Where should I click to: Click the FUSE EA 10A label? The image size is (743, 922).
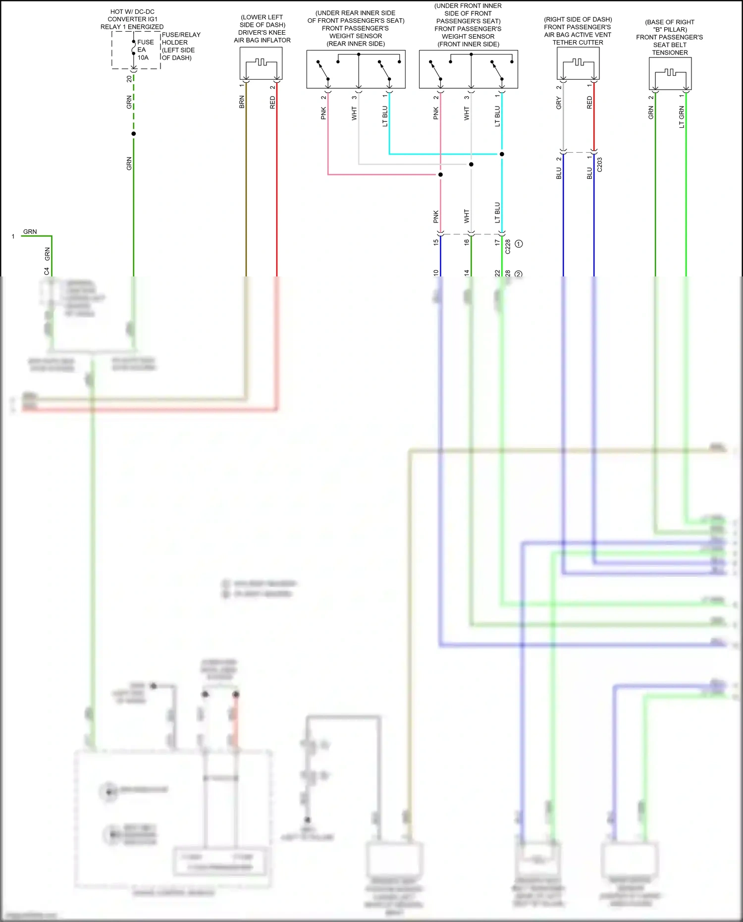145,50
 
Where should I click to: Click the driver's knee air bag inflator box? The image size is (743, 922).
261,63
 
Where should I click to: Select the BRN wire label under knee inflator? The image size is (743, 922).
242,102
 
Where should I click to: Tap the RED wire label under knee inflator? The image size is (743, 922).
272,102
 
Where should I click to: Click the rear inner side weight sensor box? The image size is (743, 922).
356,69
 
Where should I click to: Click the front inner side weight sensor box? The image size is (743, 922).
468,69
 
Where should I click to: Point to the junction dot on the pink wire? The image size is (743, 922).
440,174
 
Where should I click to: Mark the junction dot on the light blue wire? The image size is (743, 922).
502,154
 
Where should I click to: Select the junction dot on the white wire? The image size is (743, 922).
471,164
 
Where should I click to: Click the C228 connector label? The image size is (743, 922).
508,247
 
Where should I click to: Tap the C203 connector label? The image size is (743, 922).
600,165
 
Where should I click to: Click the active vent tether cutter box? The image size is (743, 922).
578,64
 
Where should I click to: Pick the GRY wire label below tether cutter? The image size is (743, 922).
559,103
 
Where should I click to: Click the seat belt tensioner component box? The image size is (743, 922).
670,73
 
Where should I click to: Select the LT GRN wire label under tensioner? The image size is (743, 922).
682,117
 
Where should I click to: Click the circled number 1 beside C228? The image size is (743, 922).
519,244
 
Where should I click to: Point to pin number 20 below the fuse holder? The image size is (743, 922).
129,79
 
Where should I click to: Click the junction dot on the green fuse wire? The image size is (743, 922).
133,134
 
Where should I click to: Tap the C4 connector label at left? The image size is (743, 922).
47,271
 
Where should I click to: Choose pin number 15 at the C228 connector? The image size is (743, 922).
436,242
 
